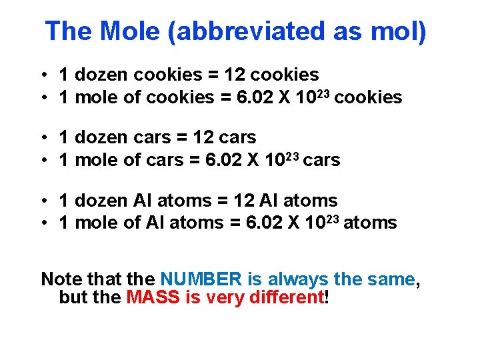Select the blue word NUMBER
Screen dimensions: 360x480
click(201, 279)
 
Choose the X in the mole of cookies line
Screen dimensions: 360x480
click(285, 97)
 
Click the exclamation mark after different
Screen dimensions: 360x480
click(325, 297)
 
